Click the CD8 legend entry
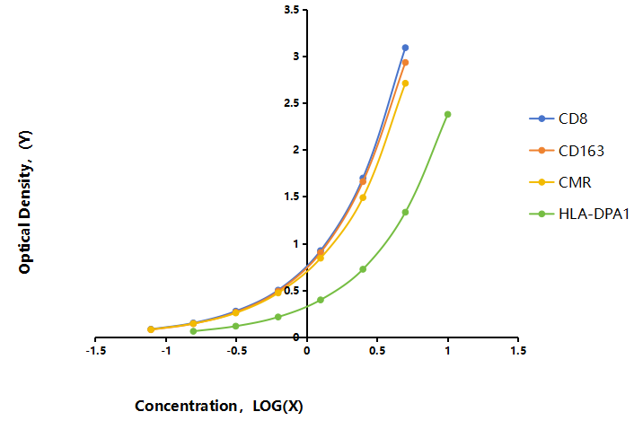click(558, 118)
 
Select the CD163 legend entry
click(567, 151)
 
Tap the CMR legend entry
click(560, 182)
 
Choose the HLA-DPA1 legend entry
click(579, 214)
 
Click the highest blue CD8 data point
click(405, 48)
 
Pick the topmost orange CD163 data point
click(405, 63)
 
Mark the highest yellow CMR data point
click(405, 83)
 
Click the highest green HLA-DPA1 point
click(447, 114)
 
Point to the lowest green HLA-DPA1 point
click(193, 331)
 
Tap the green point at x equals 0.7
click(405, 212)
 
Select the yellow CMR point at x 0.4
click(363, 197)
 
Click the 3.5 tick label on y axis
click(292, 10)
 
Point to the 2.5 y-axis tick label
click(292, 103)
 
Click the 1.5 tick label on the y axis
click(292, 197)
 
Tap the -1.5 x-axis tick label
click(96, 351)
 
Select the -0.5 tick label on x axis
click(236, 351)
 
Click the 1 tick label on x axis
click(447, 351)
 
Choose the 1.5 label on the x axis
click(518, 351)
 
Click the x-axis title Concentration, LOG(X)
click(219, 406)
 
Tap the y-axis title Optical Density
click(25, 202)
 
